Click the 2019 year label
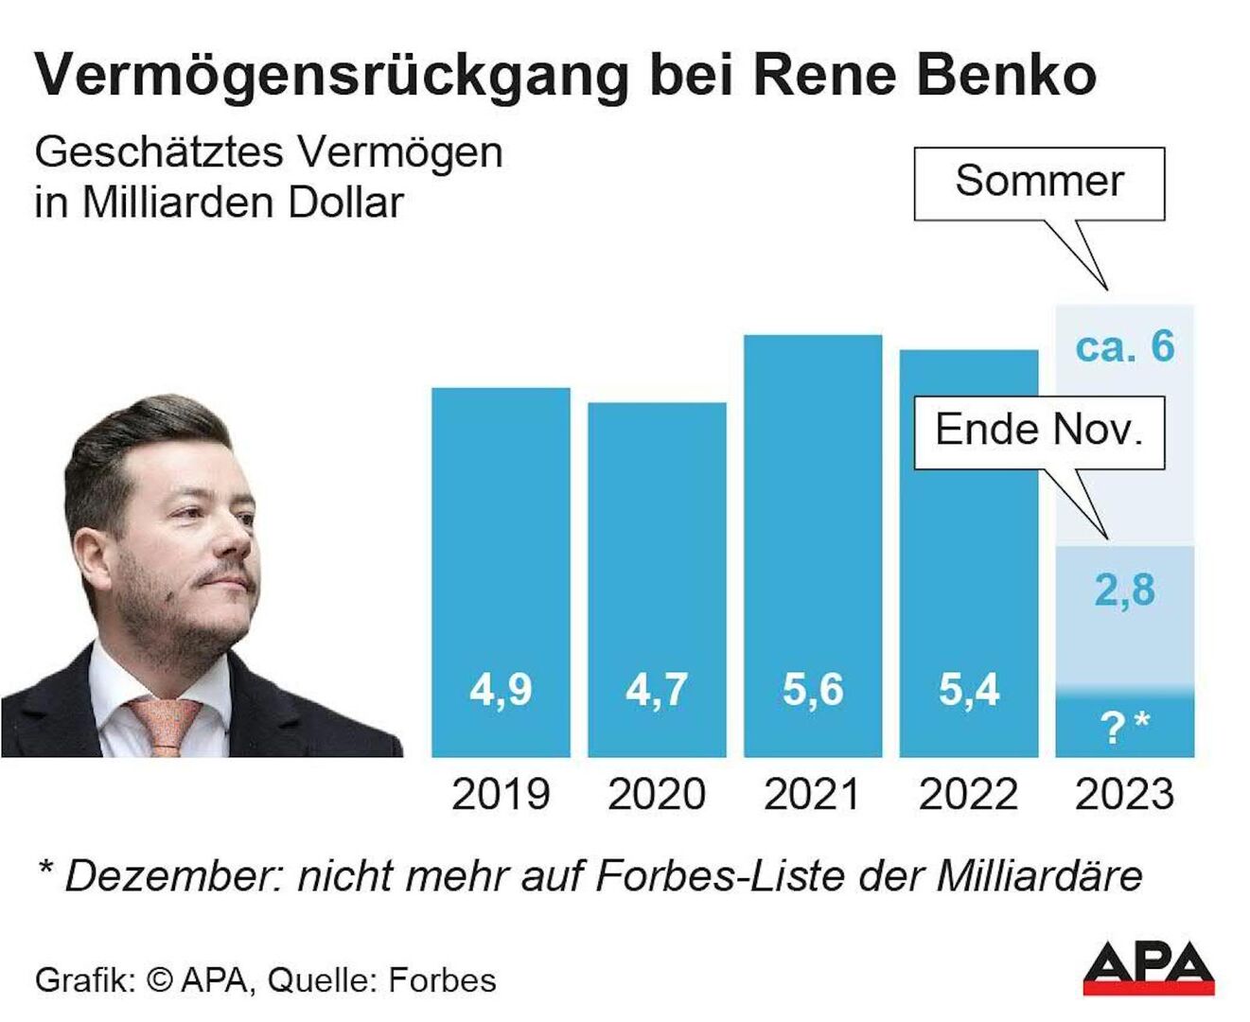click(501, 794)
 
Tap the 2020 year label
click(657, 794)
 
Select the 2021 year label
click(812, 794)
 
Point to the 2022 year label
click(968, 794)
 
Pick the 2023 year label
click(1124, 794)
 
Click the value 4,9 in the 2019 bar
click(501, 690)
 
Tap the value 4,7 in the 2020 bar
click(657, 690)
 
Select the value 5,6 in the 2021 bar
click(812, 690)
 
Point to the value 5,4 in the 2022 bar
click(968, 690)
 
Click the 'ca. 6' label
click(1124, 347)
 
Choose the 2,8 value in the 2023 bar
click(1124, 590)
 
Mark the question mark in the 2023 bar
click(1113, 728)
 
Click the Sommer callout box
click(1039, 182)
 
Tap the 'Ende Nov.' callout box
click(1039, 432)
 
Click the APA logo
click(1149, 967)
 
